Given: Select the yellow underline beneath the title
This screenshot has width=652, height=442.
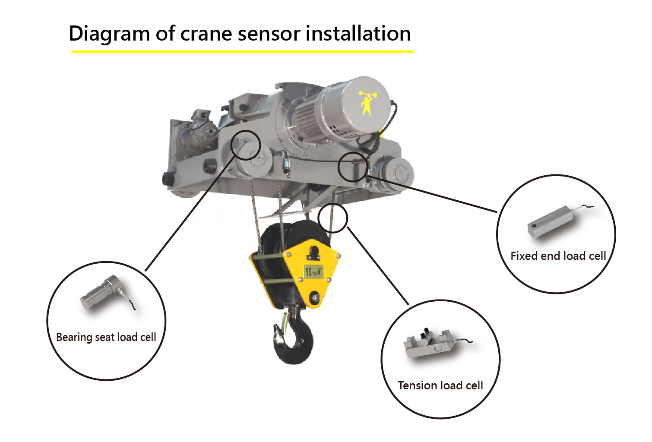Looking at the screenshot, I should (x=242, y=52).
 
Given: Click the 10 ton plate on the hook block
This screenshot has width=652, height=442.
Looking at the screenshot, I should (x=313, y=271).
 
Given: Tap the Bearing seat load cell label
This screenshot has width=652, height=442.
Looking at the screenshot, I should (x=106, y=337).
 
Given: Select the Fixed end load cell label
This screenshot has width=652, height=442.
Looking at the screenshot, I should (x=558, y=256).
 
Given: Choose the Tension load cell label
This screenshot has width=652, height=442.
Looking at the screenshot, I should (x=440, y=385).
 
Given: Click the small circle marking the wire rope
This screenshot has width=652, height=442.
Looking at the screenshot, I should (x=333, y=218).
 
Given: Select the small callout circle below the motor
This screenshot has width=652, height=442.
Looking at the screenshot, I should (x=353, y=166).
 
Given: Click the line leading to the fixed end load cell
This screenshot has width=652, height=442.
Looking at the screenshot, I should (x=432, y=193).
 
